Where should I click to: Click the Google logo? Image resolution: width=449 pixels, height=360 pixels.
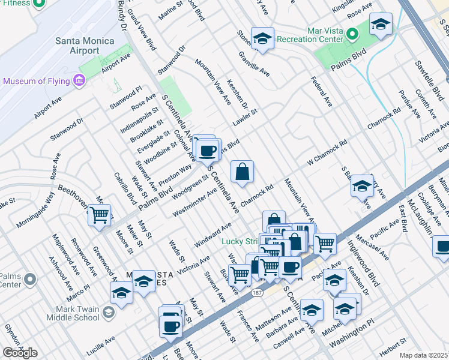[20, 352]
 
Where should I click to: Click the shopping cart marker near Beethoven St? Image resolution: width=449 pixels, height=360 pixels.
[100, 214]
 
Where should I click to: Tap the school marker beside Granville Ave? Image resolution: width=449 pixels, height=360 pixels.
[262, 39]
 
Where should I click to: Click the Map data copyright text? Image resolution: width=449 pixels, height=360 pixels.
[424, 355]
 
